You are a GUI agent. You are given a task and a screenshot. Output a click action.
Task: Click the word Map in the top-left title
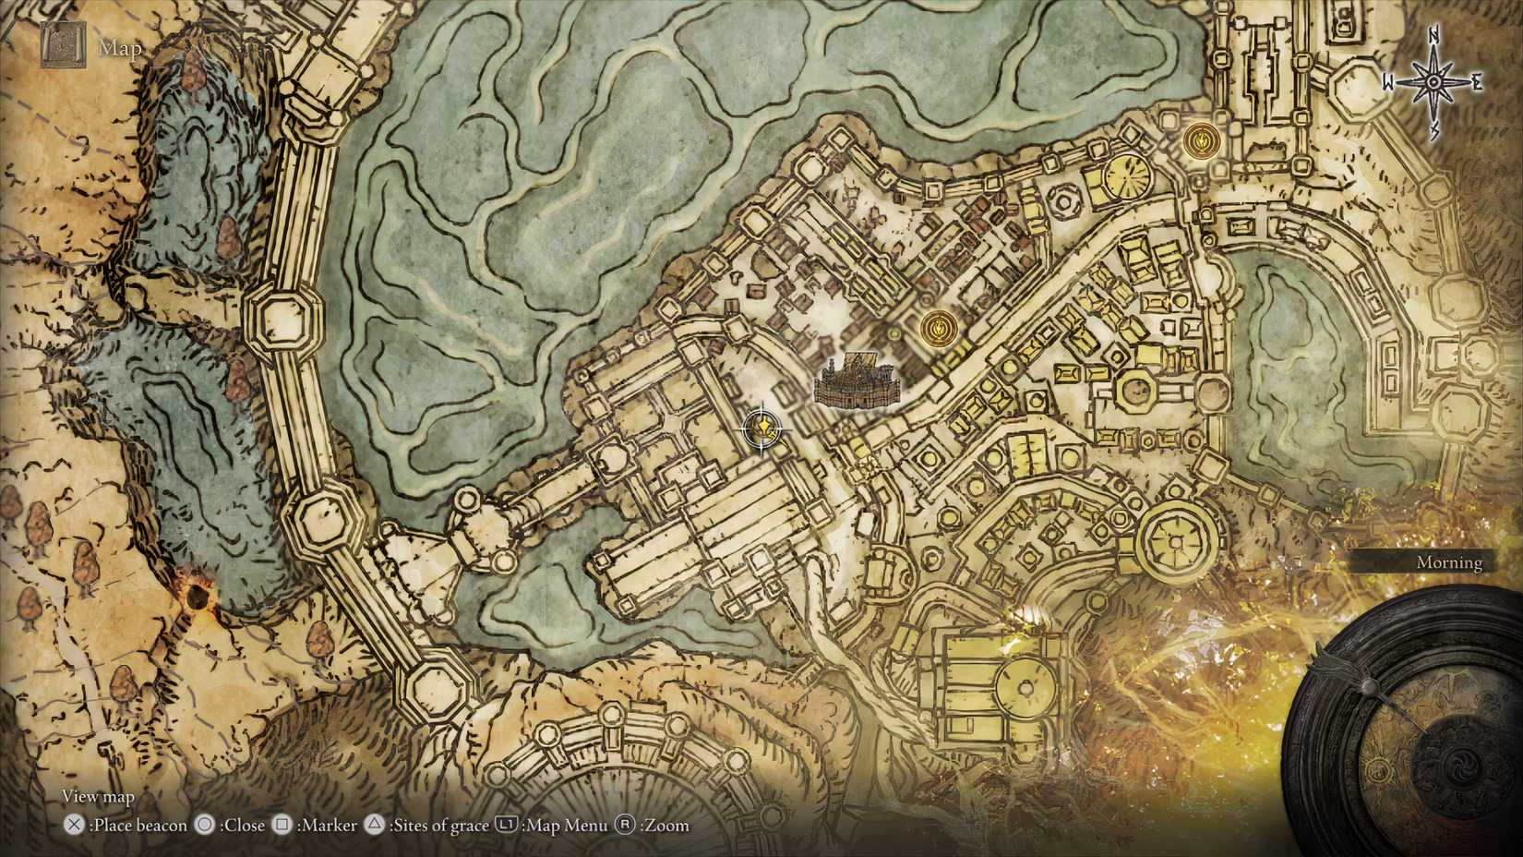(x=120, y=48)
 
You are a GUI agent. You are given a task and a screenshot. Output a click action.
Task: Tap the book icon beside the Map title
(x=64, y=44)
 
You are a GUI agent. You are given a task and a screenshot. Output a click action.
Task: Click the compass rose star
(x=1433, y=82)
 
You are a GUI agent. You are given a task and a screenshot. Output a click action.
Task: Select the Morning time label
(x=1448, y=562)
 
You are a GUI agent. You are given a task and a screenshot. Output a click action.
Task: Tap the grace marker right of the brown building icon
(x=938, y=327)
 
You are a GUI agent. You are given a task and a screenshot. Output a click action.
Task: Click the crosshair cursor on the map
(x=764, y=428)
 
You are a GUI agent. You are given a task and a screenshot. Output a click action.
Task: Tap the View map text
(x=98, y=796)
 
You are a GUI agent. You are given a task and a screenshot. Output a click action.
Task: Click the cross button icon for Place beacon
(x=74, y=826)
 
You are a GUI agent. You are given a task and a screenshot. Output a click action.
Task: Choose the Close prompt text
(x=244, y=826)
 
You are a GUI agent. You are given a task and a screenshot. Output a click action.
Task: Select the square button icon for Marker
(x=282, y=825)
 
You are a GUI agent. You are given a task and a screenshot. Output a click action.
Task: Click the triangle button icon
(x=374, y=825)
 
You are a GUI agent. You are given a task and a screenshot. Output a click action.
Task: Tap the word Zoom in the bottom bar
(x=666, y=826)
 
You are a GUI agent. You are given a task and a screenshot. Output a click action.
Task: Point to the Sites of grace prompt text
(x=438, y=826)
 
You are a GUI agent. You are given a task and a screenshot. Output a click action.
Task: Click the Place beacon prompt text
(x=139, y=826)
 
